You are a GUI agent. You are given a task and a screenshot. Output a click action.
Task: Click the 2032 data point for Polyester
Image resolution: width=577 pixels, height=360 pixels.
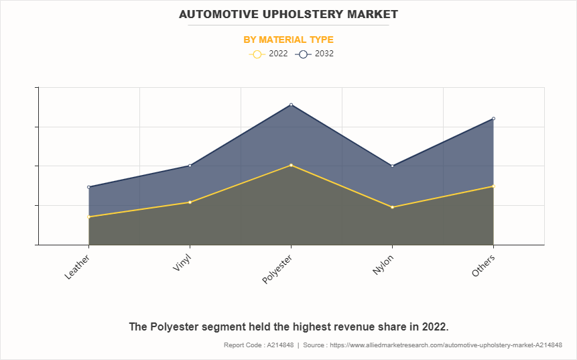[x=291, y=105]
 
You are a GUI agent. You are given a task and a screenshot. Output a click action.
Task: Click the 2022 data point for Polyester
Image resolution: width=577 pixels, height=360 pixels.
[x=291, y=165]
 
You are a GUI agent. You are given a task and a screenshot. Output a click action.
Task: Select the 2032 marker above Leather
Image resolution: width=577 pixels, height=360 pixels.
[x=88, y=187]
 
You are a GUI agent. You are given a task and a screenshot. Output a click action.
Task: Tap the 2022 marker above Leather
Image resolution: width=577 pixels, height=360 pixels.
[x=88, y=217]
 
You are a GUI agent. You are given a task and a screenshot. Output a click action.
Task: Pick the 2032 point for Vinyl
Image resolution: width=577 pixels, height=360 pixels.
[x=190, y=166]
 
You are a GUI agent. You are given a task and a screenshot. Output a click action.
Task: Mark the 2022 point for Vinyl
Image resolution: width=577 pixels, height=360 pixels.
[x=190, y=202]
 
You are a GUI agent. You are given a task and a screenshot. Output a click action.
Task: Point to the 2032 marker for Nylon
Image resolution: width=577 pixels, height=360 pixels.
[x=392, y=166]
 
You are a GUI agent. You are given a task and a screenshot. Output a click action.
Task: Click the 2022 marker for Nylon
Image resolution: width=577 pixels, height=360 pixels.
[x=392, y=207]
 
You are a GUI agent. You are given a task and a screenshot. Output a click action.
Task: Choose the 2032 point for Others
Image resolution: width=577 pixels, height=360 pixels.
[x=493, y=119]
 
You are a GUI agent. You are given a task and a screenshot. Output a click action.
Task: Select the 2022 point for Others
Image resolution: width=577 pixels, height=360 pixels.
[x=493, y=186]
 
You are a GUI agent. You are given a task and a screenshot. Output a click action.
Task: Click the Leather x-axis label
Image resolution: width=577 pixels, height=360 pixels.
[x=78, y=266]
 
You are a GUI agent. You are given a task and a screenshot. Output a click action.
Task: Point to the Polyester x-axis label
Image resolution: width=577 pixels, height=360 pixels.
[x=277, y=269]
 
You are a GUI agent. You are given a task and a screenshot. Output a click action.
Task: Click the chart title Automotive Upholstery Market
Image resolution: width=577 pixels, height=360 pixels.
[x=288, y=14]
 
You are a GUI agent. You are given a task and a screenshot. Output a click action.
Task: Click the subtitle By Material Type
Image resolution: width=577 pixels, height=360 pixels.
[x=288, y=40]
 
